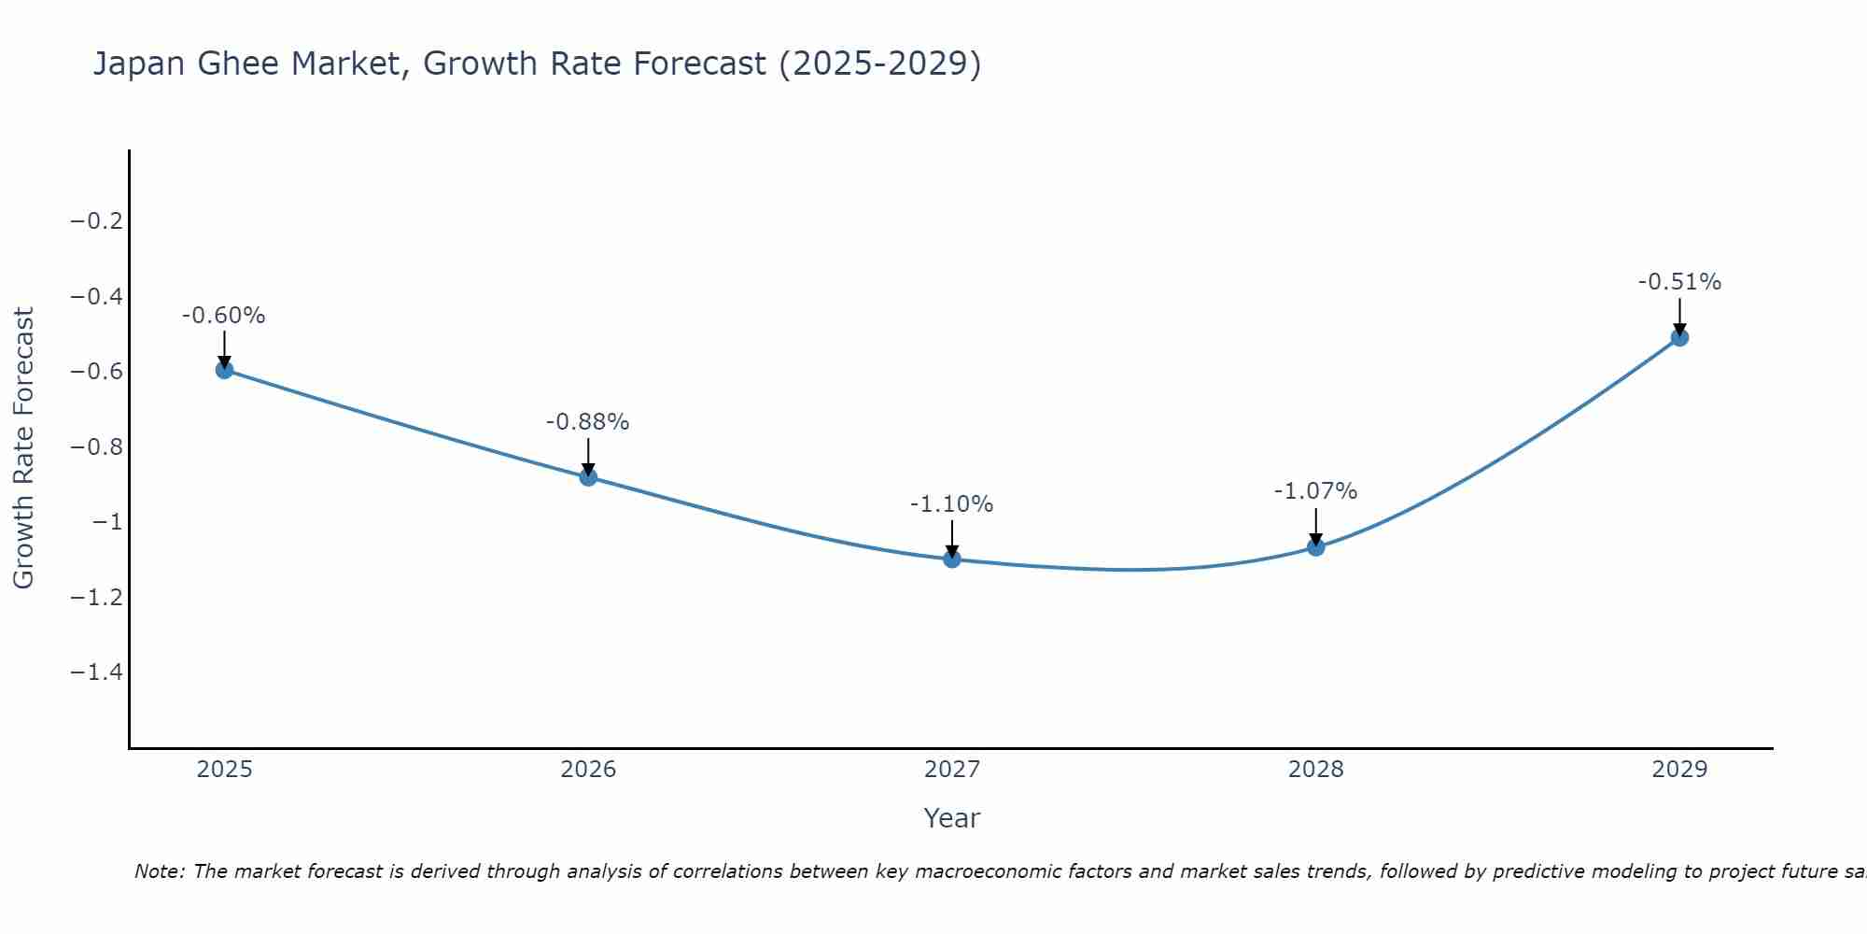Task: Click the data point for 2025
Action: (224, 370)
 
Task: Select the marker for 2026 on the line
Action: (588, 477)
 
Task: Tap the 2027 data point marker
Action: (952, 559)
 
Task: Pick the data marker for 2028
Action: (1316, 547)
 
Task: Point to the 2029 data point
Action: (1679, 337)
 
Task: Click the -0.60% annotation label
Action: (224, 316)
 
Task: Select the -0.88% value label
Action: (588, 422)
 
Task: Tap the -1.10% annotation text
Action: (952, 504)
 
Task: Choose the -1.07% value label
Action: (1316, 491)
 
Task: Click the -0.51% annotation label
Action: (1679, 282)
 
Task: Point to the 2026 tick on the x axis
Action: (588, 770)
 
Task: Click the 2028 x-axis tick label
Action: (1316, 770)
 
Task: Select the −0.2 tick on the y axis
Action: (97, 221)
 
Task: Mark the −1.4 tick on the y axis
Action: (97, 672)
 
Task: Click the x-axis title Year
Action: (952, 818)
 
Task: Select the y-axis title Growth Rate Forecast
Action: (23, 448)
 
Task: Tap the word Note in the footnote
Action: (159, 871)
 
